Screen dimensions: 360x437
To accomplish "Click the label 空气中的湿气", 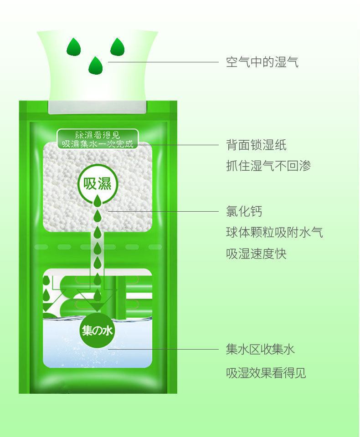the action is tap(262, 62).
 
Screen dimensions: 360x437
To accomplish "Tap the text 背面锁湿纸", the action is tap(256, 145).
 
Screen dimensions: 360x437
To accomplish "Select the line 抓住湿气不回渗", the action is tap(268, 166).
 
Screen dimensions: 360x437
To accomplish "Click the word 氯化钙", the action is tap(244, 211).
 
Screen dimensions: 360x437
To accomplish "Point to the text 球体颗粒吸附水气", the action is tap(274, 232).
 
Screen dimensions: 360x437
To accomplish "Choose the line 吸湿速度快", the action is tap(256, 254).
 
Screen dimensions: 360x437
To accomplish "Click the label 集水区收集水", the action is tap(260, 350).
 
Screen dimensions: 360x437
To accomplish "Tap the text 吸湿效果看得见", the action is tap(266, 374).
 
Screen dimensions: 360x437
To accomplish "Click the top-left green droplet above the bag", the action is tap(73, 46).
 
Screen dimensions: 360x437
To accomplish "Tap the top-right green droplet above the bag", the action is tap(117, 46).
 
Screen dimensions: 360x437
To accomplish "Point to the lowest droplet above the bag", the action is tap(96, 66).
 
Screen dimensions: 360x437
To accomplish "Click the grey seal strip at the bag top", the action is tap(97, 107).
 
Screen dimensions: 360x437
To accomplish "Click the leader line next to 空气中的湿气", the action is tap(164, 62).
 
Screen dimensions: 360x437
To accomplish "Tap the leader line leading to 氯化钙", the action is tap(164, 211).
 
